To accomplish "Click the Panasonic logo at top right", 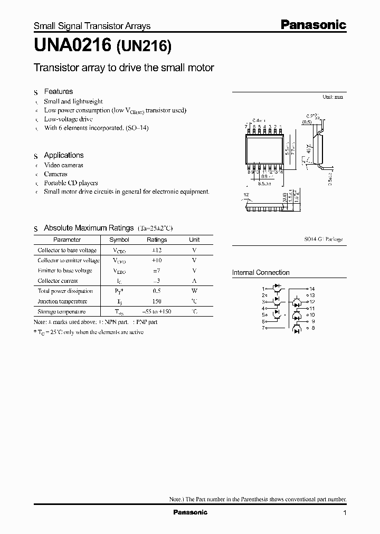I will pyautogui.click(x=312, y=24).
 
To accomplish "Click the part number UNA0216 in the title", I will pyautogui.click(x=72, y=47).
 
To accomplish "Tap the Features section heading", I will pyautogui.click(x=58, y=91).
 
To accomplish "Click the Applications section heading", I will pyautogui.click(x=63, y=155).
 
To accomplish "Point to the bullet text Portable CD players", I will pyautogui.click(x=71, y=183).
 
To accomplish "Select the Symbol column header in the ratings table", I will pyautogui.click(x=119, y=240).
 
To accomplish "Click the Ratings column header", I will pyautogui.click(x=156, y=240).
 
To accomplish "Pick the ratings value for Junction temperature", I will pyautogui.click(x=156, y=301).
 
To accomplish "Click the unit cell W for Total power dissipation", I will pyautogui.click(x=194, y=291).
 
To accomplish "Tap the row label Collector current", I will pyautogui.click(x=58, y=281).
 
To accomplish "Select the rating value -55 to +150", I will pyautogui.click(x=156, y=311).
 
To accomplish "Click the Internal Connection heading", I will pyautogui.click(x=261, y=273).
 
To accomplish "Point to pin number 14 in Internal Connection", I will pyautogui.click(x=312, y=289).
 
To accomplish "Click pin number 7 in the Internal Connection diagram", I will pyautogui.click(x=263, y=328).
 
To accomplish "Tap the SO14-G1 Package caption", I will pyautogui.click(x=323, y=239).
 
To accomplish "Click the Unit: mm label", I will pyautogui.click(x=332, y=97).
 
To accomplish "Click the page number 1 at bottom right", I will pyautogui.click(x=345, y=513).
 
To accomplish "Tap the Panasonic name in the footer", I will pyautogui.click(x=191, y=512).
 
